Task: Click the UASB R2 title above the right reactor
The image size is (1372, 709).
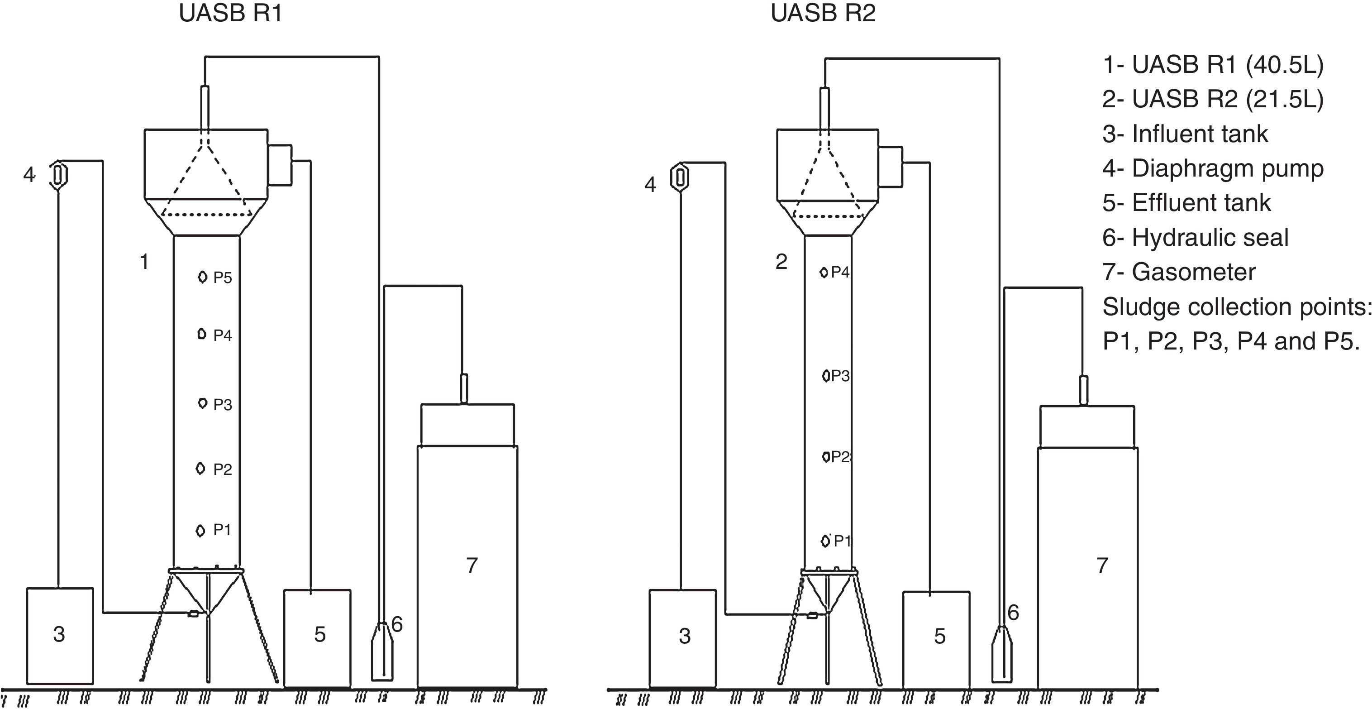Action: pos(823,13)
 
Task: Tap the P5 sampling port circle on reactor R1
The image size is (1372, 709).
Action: pos(202,277)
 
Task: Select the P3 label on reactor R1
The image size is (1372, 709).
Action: pos(223,405)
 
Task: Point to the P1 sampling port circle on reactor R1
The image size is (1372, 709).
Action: pos(200,531)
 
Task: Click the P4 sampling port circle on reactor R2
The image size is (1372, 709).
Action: pos(824,273)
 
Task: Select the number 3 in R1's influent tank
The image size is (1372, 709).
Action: pos(59,634)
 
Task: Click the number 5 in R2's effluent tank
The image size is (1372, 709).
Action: pos(940,636)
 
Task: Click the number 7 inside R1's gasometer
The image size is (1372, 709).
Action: pos(472,565)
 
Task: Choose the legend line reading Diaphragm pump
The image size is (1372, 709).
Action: pos(1213,168)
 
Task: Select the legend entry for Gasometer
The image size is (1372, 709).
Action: pos(1179,272)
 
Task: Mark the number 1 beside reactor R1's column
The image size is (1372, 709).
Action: pos(144,262)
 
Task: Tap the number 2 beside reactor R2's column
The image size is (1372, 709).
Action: pos(781,262)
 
